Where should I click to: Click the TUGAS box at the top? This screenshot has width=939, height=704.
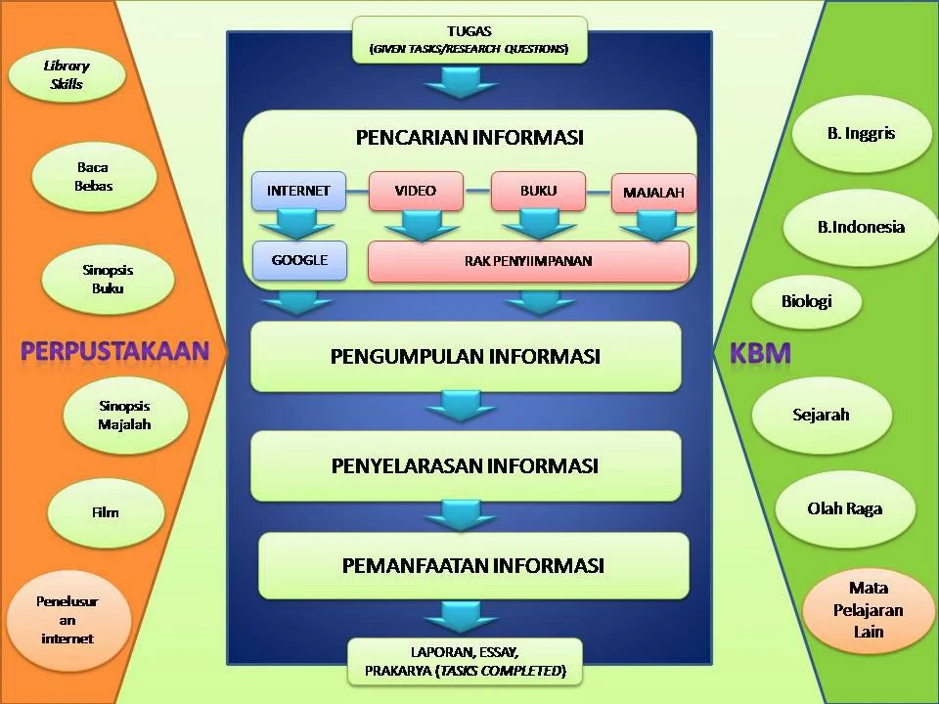469,39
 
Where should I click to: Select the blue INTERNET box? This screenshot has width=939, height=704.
298,191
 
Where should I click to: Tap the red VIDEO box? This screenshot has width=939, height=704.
416,191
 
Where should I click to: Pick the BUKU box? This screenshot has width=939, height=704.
538,191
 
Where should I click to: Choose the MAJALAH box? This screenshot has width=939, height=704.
653,194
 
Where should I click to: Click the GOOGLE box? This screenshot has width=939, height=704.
298,261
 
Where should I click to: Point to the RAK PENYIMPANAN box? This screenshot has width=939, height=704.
528,261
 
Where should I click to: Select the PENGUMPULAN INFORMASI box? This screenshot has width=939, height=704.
466,356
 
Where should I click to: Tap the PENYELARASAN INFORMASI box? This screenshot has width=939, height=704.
466,464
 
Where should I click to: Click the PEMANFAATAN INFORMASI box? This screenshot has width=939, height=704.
473,565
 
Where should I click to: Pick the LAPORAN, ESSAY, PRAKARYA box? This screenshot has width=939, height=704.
465,662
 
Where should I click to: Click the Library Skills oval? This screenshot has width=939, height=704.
67,75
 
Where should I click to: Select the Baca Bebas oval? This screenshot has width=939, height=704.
94,177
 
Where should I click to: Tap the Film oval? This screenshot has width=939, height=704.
105,512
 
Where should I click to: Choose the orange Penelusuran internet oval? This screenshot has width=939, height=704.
67,620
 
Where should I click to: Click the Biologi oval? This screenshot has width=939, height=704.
806,301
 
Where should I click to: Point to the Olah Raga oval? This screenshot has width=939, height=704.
844,509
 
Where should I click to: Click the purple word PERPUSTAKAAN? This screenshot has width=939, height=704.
115,352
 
